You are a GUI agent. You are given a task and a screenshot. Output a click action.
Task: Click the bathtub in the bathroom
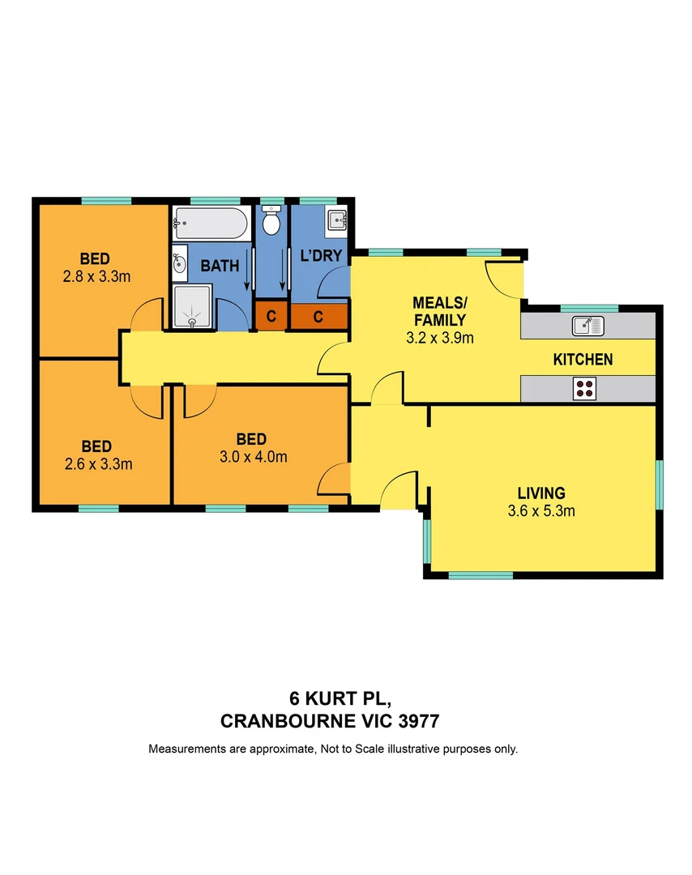210,223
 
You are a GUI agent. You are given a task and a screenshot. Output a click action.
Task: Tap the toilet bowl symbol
273,220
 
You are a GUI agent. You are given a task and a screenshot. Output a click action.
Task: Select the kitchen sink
588,326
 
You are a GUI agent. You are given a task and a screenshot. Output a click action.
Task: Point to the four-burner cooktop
583,389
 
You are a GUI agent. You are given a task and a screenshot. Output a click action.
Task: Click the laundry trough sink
336,220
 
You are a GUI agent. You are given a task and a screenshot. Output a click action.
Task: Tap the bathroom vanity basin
179,262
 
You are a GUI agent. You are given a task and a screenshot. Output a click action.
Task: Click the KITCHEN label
583,360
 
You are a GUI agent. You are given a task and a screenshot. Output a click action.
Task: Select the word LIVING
541,493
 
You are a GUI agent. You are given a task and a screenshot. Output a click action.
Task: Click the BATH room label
219,266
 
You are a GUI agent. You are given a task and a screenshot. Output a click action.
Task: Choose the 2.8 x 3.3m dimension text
96,275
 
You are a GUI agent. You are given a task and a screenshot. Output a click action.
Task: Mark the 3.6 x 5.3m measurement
541,511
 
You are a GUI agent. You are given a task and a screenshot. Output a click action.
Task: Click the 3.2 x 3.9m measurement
439,337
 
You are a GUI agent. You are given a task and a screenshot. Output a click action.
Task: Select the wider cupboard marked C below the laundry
318,317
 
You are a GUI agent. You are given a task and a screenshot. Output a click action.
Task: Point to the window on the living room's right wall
660,484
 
